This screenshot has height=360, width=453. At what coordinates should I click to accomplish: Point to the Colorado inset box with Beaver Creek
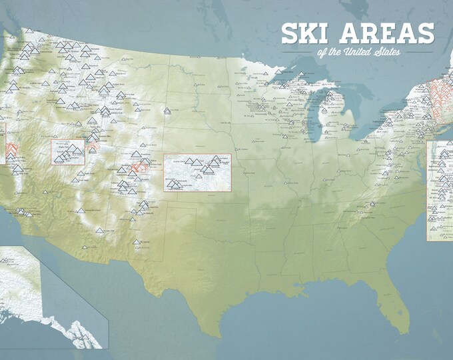point(197,173)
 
